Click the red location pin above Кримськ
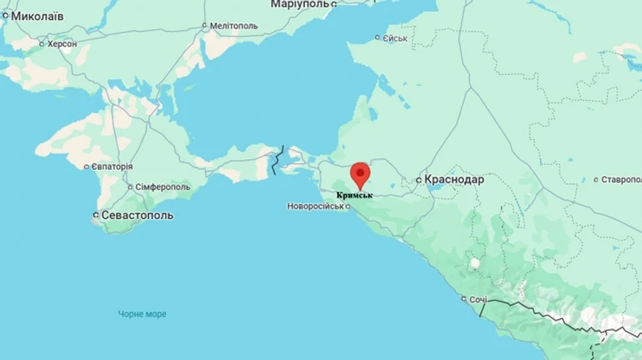coord(360,173)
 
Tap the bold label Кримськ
coord(354,195)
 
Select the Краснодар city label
coord(454,179)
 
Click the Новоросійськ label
coord(314,206)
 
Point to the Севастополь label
coord(138,215)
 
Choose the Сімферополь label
coord(163,187)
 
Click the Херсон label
coord(62,43)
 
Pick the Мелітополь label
coord(233,26)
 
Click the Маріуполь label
coord(299,5)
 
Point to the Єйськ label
coord(394,38)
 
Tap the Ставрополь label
coord(621,179)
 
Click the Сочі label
coord(478,299)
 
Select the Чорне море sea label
coord(142,314)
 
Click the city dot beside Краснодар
coord(419,179)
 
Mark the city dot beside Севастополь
coord(94,215)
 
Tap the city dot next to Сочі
coord(464,299)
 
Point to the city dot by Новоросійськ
coord(348,206)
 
